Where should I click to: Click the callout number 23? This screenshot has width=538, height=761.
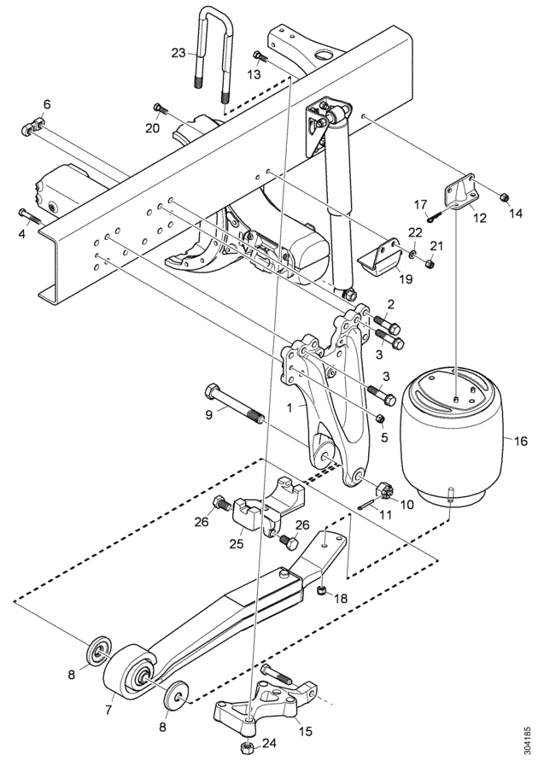tap(179, 52)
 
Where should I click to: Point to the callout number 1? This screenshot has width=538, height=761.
tap(289, 407)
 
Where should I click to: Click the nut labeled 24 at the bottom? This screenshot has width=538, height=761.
tap(248, 744)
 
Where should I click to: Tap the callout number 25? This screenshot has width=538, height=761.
tap(237, 543)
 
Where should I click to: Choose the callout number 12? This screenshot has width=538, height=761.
tap(480, 218)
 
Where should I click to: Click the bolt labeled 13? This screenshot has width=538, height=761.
tap(260, 56)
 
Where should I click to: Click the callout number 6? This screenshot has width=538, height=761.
tap(47, 104)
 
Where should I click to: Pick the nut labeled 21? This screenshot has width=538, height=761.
tap(429, 263)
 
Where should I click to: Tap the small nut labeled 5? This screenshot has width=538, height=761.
tap(380, 418)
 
